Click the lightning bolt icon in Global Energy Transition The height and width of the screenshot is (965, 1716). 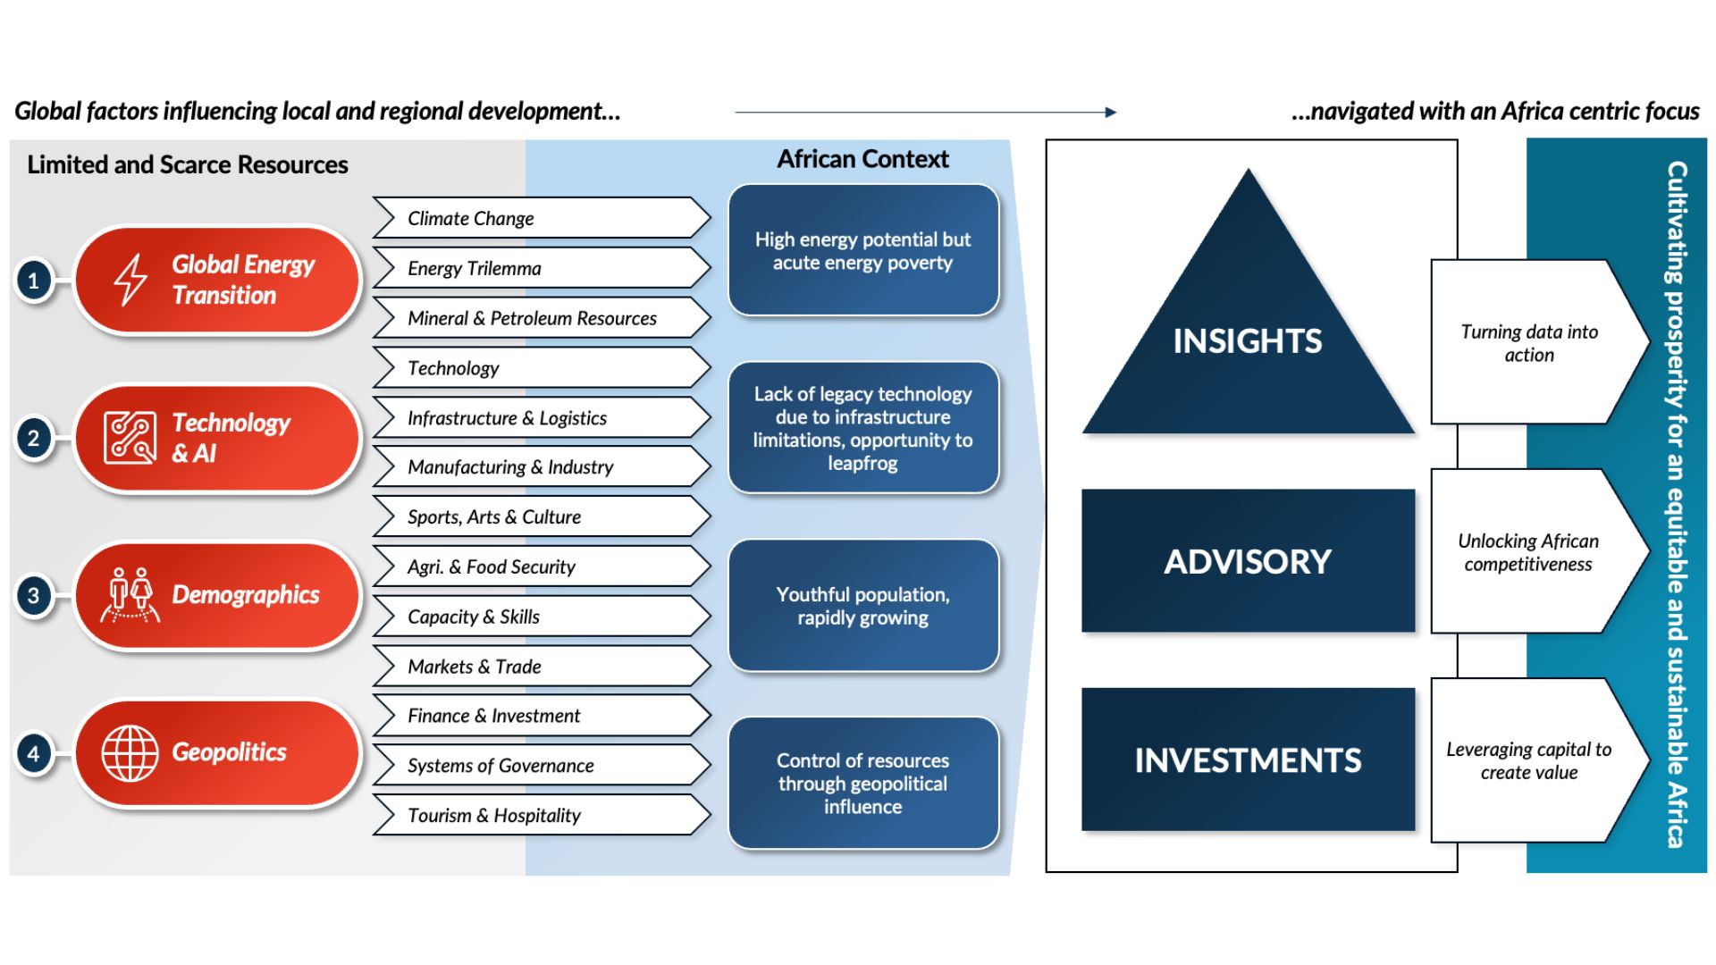point(130,280)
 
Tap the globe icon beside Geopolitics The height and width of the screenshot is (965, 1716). point(130,752)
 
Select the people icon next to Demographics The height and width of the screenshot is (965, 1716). point(130,594)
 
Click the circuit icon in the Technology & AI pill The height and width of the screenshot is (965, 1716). point(130,438)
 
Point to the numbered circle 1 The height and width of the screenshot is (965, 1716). point(34,281)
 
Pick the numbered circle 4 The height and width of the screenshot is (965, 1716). point(34,753)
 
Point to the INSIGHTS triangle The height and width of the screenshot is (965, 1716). point(1248,340)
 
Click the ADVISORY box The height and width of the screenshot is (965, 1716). point(1248,561)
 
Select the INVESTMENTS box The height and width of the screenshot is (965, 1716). point(1248,760)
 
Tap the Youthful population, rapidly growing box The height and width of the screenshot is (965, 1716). point(863,606)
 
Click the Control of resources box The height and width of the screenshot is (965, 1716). point(863,783)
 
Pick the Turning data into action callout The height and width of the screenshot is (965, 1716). point(1530,343)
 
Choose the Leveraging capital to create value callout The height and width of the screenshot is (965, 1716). point(1530,760)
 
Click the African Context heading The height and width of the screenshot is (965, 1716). point(862,159)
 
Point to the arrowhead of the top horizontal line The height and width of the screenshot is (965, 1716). point(1111,112)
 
